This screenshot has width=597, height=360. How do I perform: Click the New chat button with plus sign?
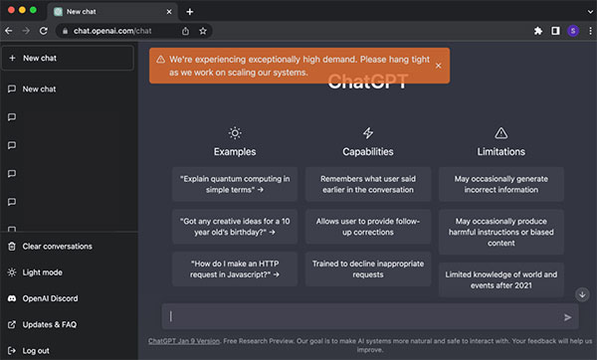coord(68,58)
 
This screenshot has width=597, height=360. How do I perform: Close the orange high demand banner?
coord(438,66)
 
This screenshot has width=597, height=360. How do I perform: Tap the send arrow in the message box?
coord(567,317)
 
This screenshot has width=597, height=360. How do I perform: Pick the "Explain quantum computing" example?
coord(235,184)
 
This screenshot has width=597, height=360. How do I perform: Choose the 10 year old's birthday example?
coord(235,227)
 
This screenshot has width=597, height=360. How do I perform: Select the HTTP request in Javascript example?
coord(235,269)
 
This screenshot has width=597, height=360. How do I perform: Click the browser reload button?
coord(44,31)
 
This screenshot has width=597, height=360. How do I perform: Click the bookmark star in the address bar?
coord(203,31)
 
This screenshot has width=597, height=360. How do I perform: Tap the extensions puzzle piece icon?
coord(538,31)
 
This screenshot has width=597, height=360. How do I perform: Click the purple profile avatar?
coord(573,31)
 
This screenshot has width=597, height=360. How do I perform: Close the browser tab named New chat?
coord(169,12)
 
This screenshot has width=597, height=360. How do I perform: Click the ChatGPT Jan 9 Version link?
coord(184,341)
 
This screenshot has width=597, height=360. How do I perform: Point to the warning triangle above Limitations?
coord(501,133)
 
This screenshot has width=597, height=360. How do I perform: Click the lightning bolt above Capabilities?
coord(368,133)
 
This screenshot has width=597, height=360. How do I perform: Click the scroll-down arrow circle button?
coord(582,294)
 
